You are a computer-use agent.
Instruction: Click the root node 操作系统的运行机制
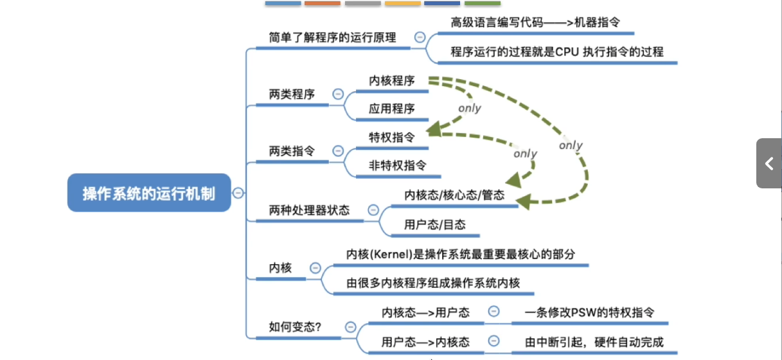[x=149, y=193]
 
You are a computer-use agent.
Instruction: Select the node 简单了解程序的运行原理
[x=332, y=37]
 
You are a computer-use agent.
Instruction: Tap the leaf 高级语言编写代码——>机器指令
[x=535, y=22]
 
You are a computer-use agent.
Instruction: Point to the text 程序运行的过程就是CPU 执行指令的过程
[x=556, y=51]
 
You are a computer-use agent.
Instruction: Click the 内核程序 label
[x=392, y=81]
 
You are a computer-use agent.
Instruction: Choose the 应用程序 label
[x=392, y=108]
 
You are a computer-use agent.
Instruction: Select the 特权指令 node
[x=392, y=137]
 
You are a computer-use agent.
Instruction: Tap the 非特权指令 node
[x=397, y=165]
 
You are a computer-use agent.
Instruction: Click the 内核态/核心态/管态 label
[x=454, y=195]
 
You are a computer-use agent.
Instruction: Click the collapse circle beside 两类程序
[x=338, y=94]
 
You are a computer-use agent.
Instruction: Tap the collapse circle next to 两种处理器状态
[x=373, y=210]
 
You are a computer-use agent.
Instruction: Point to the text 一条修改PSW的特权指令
[x=589, y=312]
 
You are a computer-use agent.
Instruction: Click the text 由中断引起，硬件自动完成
[x=594, y=342]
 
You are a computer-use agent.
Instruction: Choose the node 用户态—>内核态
[x=425, y=342]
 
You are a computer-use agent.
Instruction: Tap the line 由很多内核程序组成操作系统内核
[x=433, y=283]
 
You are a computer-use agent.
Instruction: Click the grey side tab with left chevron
[x=769, y=164]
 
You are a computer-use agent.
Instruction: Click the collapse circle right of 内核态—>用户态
[x=494, y=312]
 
